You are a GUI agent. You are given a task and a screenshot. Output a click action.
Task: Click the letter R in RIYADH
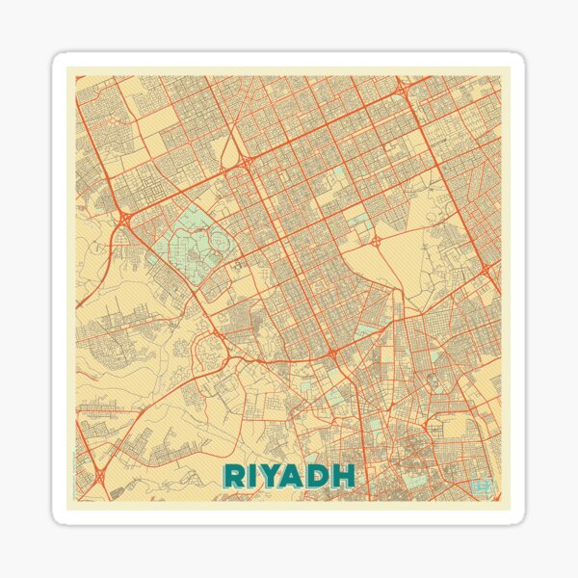(x=234, y=475)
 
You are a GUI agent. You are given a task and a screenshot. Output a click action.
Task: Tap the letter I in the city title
(x=253, y=475)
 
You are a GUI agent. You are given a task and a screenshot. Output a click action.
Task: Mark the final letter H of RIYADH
(x=342, y=475)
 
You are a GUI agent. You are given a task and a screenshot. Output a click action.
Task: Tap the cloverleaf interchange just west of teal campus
(x=126, y=221)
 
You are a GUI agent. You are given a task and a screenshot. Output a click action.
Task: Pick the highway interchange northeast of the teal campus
(x=246, y=162)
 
